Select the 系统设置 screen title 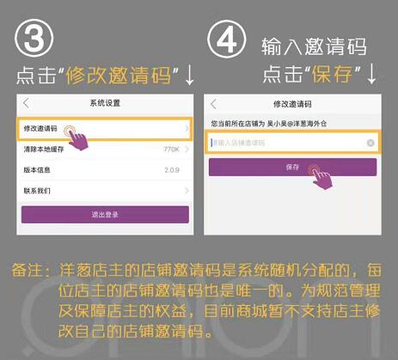click(x=105, y=104)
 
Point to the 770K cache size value click(x=170, y=149)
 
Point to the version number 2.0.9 click(x=170, y=168)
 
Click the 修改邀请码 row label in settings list click(x=41, y=129)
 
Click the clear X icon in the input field click(x=370, y=143)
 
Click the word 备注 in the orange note click(x=27, y=269)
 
